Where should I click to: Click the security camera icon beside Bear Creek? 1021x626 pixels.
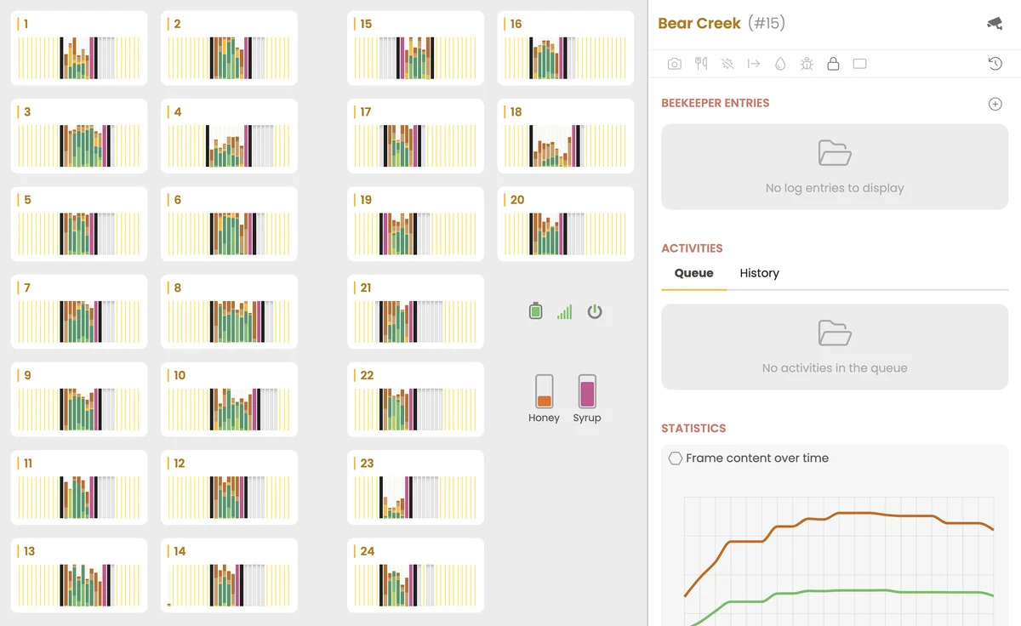point(994,23)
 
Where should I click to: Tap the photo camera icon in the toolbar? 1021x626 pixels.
point(674,64)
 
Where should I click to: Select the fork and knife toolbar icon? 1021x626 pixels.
point(701,64)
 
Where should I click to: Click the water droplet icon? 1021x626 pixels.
point(780,64)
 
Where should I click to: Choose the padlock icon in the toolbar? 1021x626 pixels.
point(833,64)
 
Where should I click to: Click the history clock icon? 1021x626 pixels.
point(994,64)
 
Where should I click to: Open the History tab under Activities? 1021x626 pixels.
point(759,273)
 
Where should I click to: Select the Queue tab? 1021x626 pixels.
point(693,273)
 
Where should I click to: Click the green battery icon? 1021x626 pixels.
point(535,311)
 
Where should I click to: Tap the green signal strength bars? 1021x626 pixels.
point(564,312)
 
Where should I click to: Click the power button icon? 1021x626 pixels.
point(595,311)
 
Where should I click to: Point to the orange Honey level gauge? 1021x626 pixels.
point(544,392)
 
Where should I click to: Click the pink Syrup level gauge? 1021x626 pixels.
point(587,392)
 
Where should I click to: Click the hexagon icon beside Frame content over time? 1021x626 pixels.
point(676,458)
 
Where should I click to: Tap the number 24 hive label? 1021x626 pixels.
point(368,551)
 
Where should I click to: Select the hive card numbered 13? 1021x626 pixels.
point(78,575)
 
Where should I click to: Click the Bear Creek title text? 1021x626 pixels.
point(699,24)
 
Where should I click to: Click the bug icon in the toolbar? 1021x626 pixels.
point(807,64)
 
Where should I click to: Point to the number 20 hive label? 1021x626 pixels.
point(517,200)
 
